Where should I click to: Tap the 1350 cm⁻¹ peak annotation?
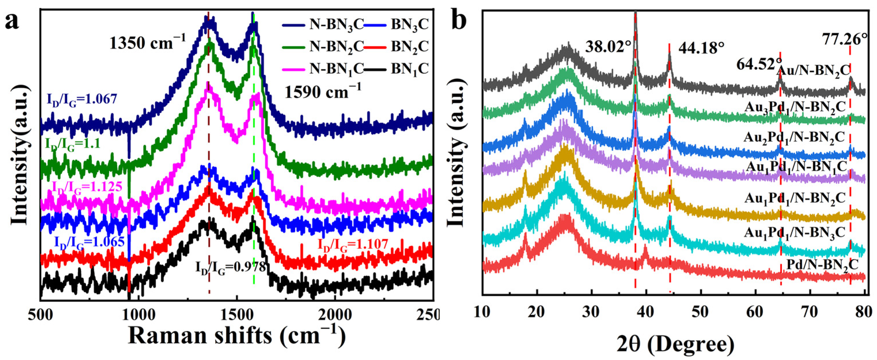(x=148, y=43)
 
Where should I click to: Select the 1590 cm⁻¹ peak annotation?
(x=323, y=91)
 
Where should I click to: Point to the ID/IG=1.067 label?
(x=81, y=99)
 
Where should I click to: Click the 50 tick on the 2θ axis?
(x=701, y=312)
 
